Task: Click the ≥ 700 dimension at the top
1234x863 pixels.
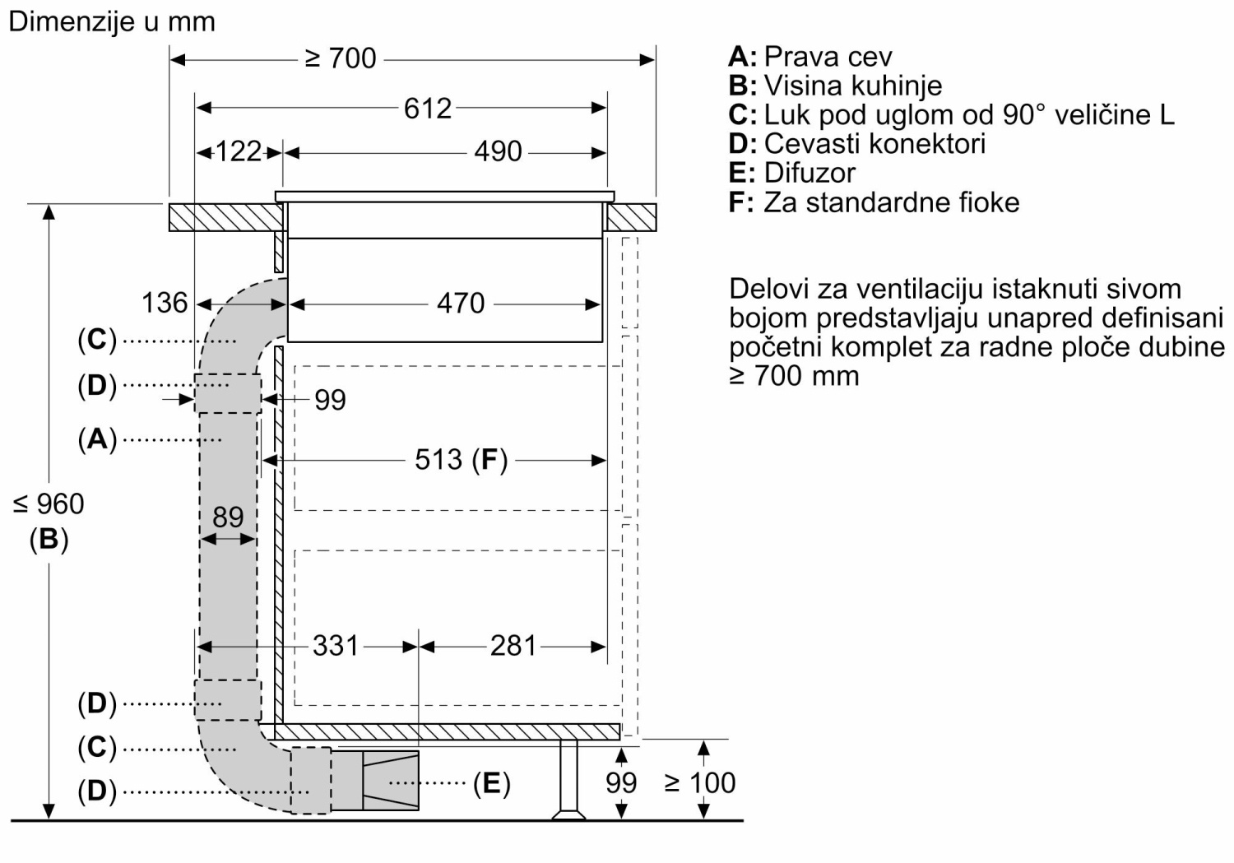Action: tap(341, 58)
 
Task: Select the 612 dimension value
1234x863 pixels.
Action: tap(428, 108)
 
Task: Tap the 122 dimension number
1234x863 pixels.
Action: tap(238, 151)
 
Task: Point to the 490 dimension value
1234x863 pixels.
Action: tap(498, 151)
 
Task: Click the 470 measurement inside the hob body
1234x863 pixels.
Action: tap(461, 304)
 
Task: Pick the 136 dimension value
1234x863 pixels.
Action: tap(165, 303)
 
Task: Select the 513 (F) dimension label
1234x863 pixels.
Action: tap(461, 460)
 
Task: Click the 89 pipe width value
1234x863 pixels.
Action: tap(228, 517)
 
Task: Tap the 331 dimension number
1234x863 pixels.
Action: tap(336, 646)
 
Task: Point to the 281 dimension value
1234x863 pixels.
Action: tap(513, 646)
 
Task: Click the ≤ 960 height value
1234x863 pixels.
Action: tap(49, 504)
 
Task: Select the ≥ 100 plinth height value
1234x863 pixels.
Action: tap(699, 782)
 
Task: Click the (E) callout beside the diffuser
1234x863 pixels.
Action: tap(492, 782)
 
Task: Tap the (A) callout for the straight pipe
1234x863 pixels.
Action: tap(97, 439)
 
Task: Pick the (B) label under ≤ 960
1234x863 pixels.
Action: tap(49, 539)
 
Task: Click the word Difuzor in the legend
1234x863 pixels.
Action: tap(810, 173)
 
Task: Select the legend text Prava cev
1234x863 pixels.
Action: tap(828, 57)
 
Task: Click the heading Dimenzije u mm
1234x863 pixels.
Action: tap(112, 22)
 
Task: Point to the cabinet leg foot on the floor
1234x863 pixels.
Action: tap(569, 814)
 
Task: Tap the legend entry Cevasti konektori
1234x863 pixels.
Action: tap(874, 144)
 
